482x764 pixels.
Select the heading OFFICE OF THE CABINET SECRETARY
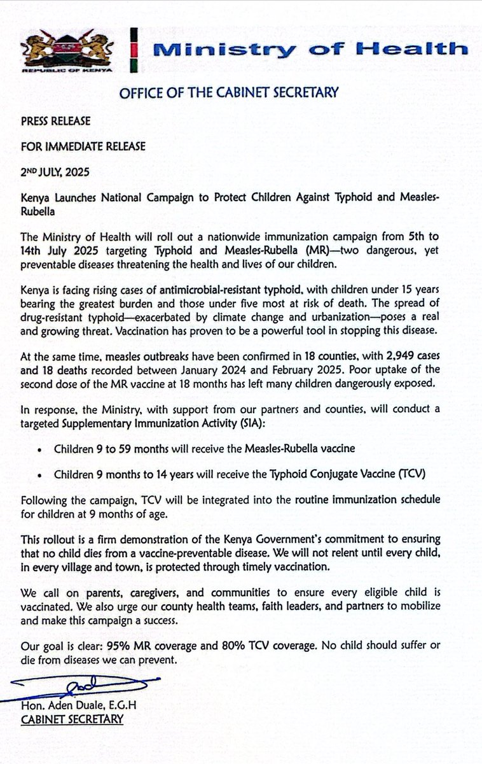pyautogui.click(x=228, y=93)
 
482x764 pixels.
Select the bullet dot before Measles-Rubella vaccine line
pyautogui.click(x=41, y=449)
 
